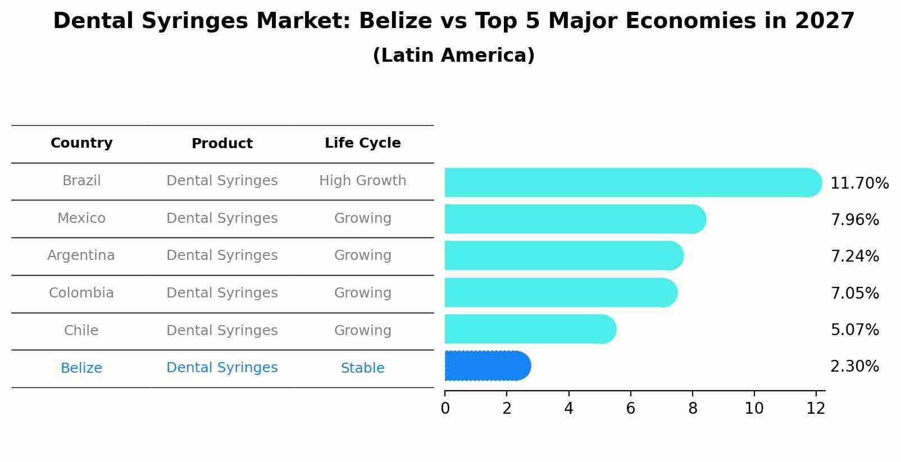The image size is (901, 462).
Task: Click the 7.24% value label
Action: pos(854,257)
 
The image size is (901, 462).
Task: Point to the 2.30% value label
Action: pos(854,367)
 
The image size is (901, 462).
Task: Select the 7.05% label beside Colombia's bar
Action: pos(854,293)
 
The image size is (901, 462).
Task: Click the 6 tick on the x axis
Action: pos(630,409)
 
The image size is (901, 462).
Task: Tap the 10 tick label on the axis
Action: pos(754,409)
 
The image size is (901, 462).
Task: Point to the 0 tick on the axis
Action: pos(445,409)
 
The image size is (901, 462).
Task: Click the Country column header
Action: pos(81,143)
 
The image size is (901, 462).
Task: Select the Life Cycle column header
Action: pos(362,143)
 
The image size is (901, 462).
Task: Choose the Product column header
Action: pos(222,144)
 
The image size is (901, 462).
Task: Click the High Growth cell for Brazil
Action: pos(362,181)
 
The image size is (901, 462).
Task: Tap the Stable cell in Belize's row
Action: pos(362,368)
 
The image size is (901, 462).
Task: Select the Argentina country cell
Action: pos(81,255)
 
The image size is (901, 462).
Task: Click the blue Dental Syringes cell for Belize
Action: pos(222,368)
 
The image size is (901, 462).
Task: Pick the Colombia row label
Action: pos(81,293)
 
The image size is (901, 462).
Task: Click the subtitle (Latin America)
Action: pos(453,56)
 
